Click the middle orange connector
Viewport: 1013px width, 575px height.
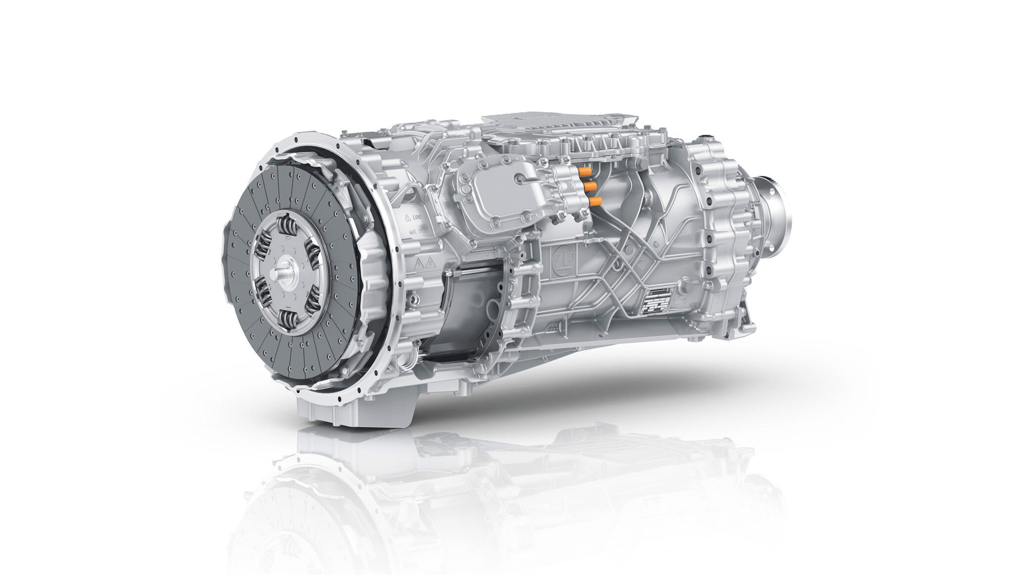(589, 186)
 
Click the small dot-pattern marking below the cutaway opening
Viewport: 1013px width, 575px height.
(554, 327)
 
